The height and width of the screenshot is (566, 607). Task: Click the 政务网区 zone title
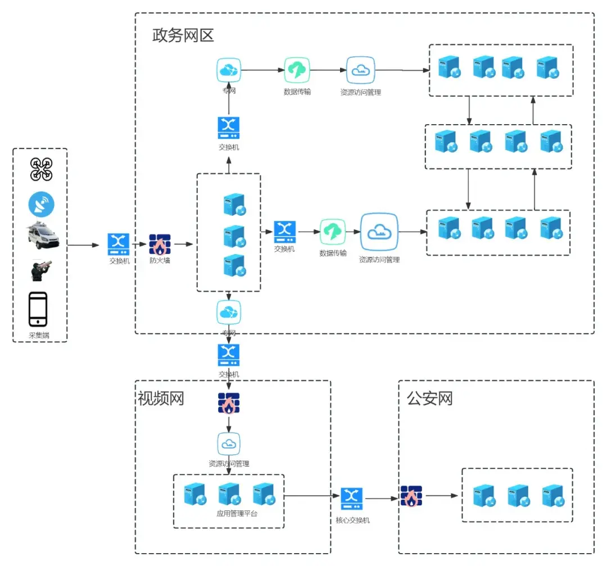pos(183,35)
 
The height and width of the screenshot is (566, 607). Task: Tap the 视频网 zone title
pos(161,399)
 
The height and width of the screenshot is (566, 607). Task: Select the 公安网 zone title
pos(430,399)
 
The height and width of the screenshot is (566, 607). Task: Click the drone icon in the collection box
pos(41,169)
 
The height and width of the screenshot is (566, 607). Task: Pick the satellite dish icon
pos(41,204)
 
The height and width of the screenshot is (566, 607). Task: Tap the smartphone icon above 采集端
pos(38,309)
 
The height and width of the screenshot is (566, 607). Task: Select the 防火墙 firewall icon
pos(160,244)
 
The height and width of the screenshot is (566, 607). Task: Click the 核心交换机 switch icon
pos(352,498)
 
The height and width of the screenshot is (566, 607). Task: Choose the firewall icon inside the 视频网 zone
pos(229,404)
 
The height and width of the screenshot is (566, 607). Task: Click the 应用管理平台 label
pos(237,513)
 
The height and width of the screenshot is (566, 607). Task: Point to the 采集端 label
pos(39,336)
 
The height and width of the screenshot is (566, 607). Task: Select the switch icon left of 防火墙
pos(119,244)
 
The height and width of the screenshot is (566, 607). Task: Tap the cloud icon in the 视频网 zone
pos(229,444)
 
